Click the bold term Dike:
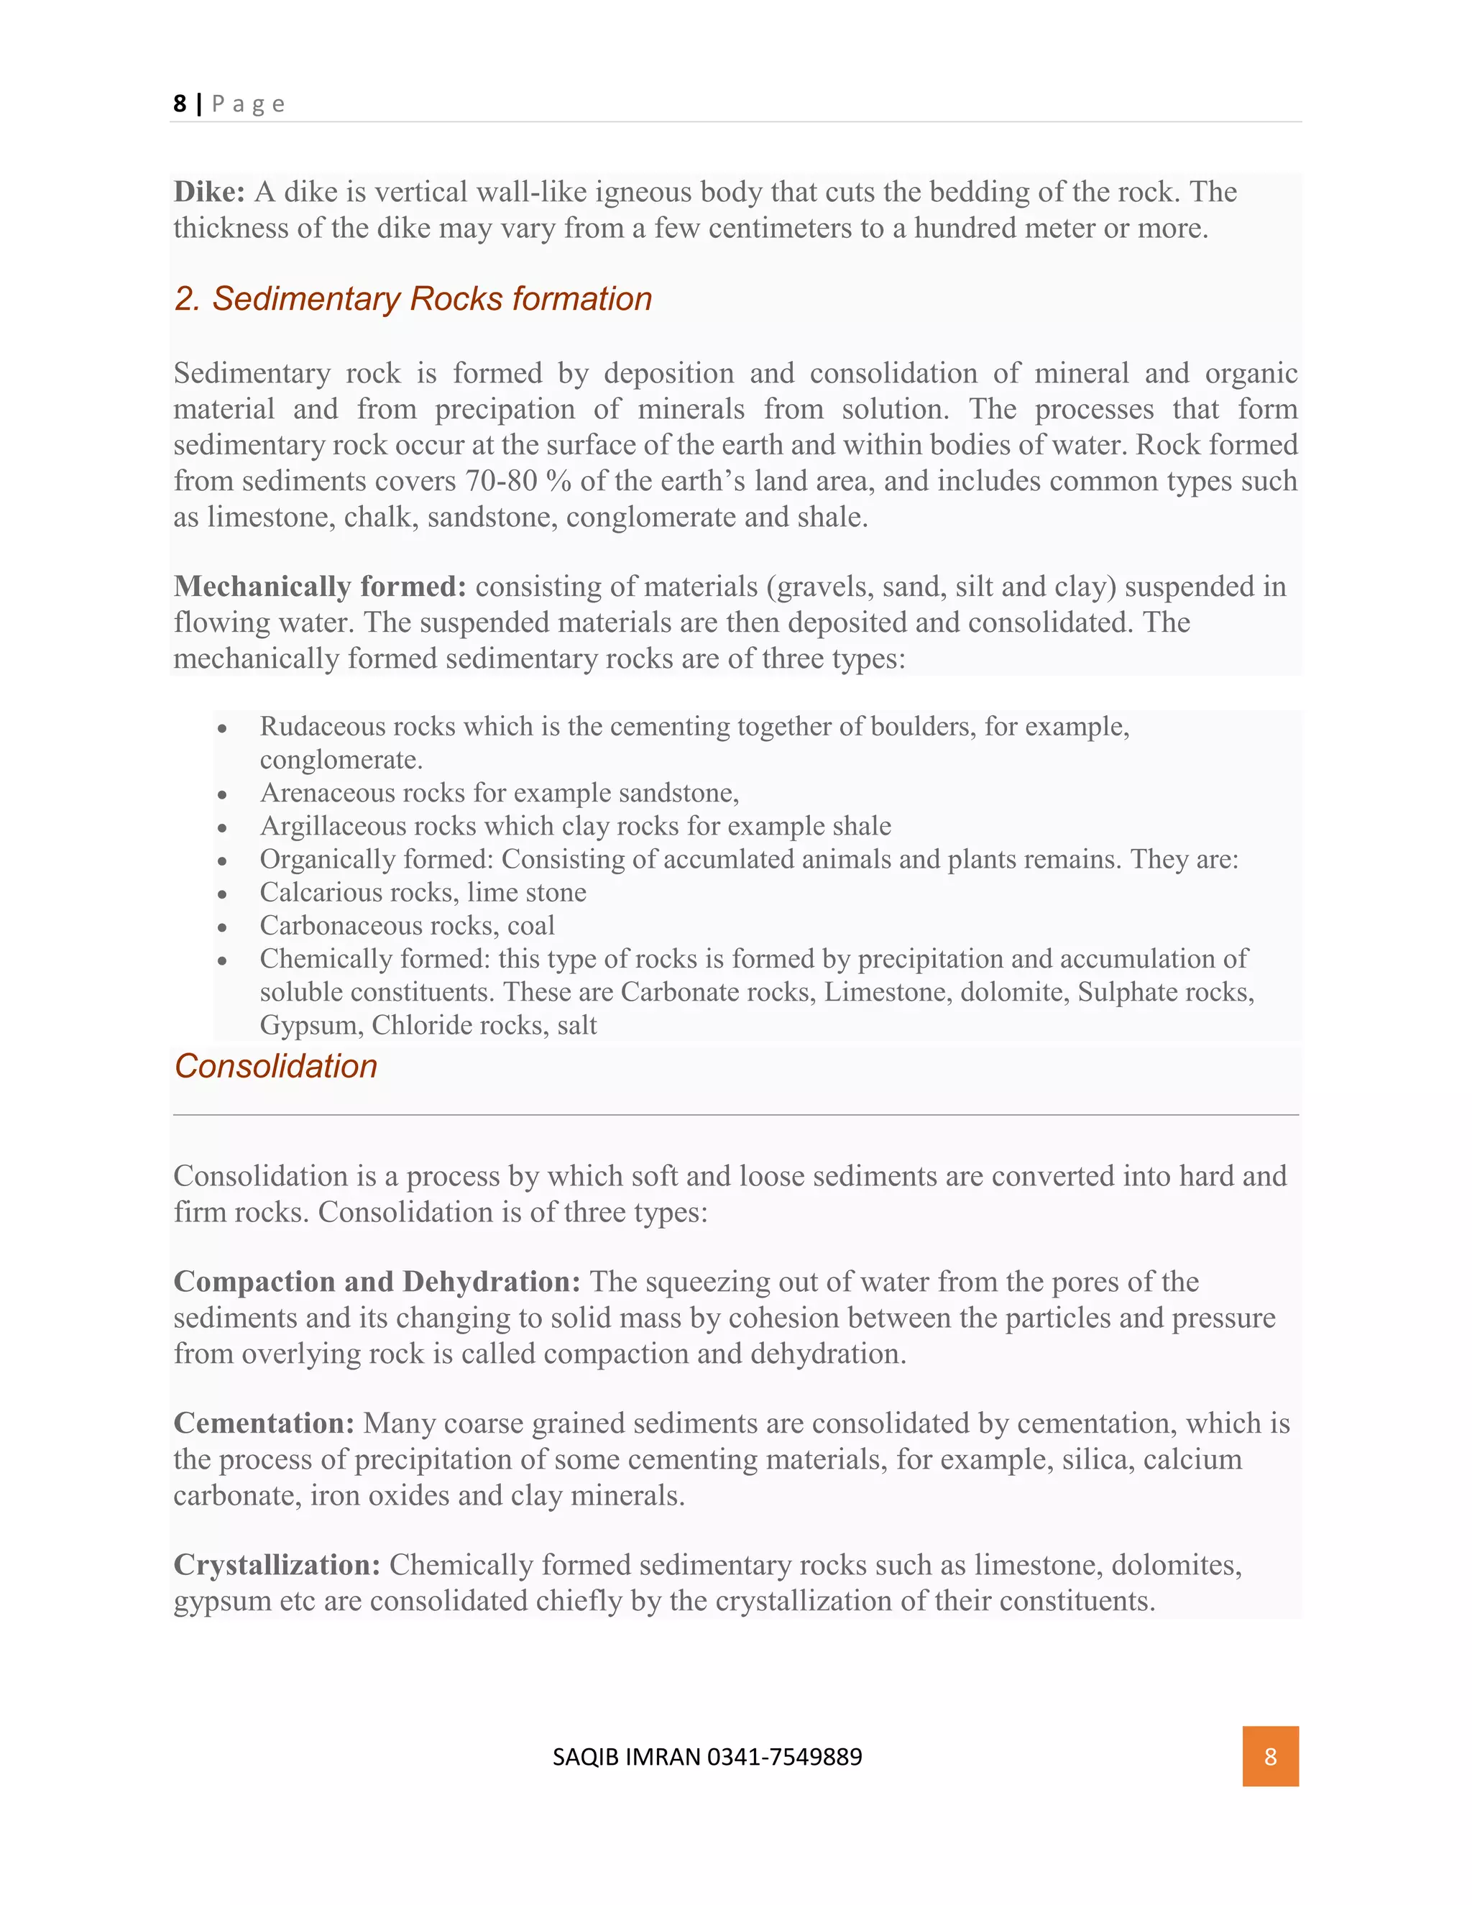click(x=209, y=192)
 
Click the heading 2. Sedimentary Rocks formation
click(x=413, y=299)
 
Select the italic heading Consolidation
click(x=275, y=1067)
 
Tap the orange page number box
click(x=1270, y=1757)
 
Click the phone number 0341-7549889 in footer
click(x=784, y=1757)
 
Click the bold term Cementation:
click(x=263, y=1423)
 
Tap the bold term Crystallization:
click(x=277, y=1565)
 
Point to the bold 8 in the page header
click(x=180, y=104)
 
